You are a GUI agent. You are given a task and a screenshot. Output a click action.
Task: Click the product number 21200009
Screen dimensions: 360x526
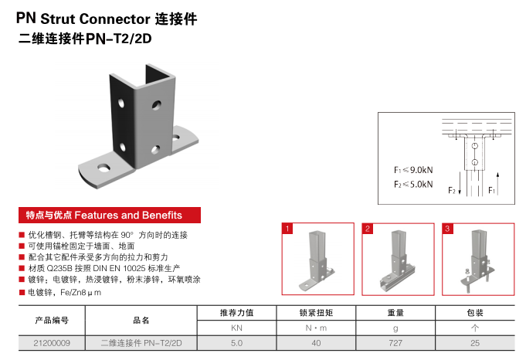coord(53,341)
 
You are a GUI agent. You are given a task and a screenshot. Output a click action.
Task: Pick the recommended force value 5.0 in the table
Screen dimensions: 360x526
coord(237,341)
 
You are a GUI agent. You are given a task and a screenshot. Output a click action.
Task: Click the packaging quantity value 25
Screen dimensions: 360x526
coord(476,341)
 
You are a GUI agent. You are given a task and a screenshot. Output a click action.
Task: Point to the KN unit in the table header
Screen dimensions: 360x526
coord(237,328)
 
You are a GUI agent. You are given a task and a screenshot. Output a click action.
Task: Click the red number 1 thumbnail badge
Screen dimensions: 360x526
coord(287,228)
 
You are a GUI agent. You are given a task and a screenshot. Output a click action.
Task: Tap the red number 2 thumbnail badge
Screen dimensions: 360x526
coord(367,228)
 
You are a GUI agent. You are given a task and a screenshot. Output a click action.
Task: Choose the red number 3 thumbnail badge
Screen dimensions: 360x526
coord(447,228)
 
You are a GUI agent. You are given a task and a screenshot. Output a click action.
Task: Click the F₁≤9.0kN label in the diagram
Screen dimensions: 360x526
coord(413,169)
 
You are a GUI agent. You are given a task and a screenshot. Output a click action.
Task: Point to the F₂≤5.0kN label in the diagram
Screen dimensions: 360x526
coord(413,184)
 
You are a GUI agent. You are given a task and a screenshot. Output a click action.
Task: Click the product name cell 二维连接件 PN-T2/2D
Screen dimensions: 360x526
coord(146,341)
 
